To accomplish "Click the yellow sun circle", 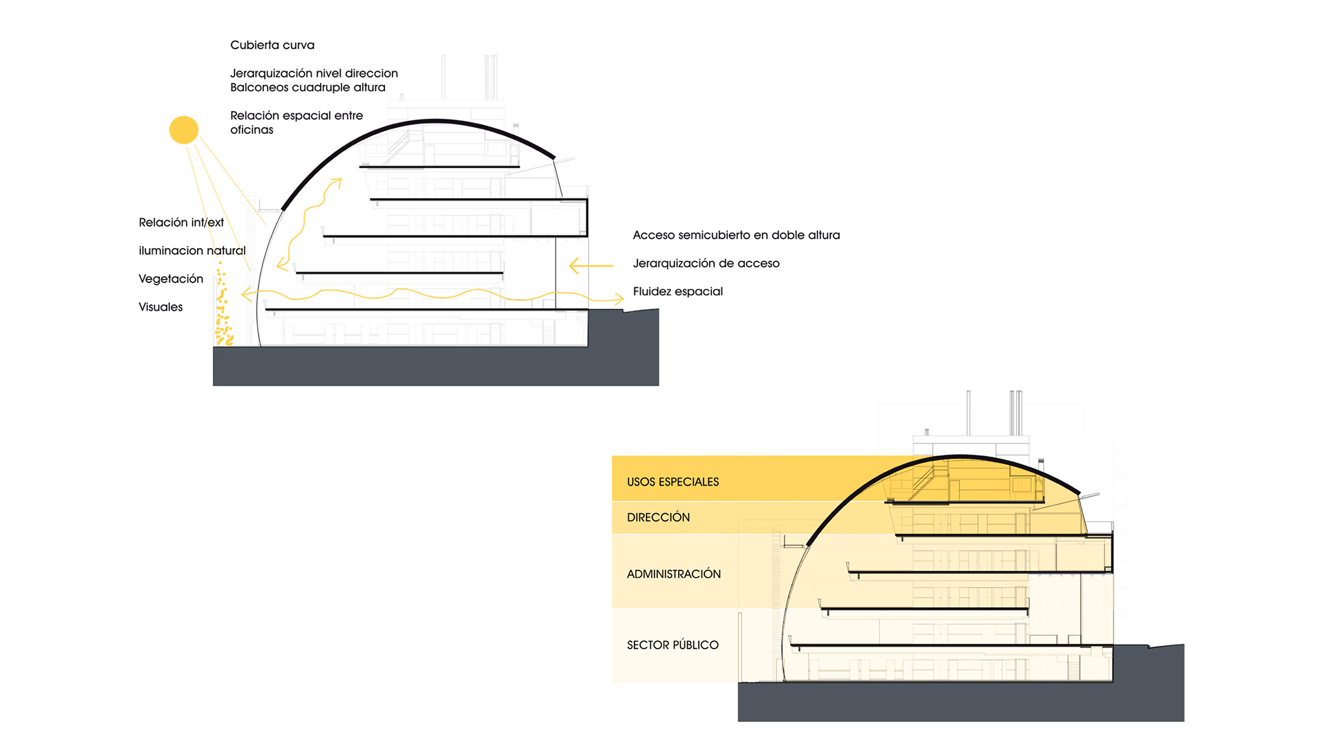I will click(x=184, y=130).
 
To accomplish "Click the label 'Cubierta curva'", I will click(x=272, y=45).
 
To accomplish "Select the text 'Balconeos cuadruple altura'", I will click(x=308, y=88).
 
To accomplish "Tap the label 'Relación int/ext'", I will click(x=181, y=222).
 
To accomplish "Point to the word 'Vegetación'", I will click(x=171, y=279).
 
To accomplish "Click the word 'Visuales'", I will click(x=160, y=307).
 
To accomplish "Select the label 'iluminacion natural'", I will click(x=192, y=251).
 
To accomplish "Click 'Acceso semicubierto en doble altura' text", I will click(x=736, y=236).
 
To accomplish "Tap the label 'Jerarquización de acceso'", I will click(x=706, y=263).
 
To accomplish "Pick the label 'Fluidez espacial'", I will click(x=677, y=291).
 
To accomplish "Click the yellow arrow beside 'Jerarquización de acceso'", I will click(x=590, y=265).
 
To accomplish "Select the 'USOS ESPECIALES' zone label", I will click(x=672, y=482).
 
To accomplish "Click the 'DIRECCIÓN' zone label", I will click(x=658, y=517).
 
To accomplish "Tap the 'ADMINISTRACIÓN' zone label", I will click(x=673, y=574).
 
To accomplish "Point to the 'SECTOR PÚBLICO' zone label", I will click(x=672, y=645).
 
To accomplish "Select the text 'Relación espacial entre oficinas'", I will click(x=296, y=122).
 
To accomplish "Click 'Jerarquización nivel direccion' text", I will click(x=314, y=73).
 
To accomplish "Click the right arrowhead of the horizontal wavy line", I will click(x=619, y=299).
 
